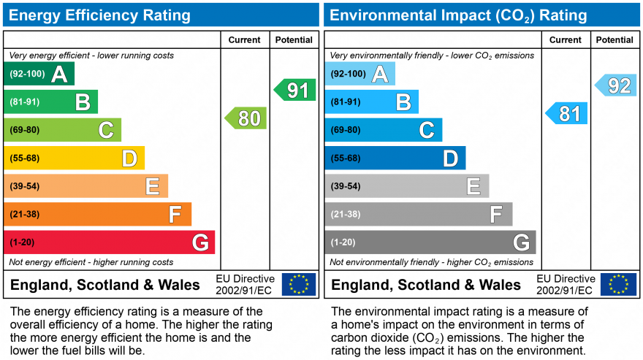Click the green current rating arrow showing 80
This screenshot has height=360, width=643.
tap(246, 118)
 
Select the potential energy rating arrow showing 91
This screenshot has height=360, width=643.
tap(295, 90)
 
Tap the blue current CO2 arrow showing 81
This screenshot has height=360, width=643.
tap(567, 113)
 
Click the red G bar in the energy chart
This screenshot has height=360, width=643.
tap(110, 242)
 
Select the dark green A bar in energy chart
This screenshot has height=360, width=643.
tap(39, 74)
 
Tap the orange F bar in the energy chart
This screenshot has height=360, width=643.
tap(98, 214)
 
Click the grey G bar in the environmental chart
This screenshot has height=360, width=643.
tap(430, 242)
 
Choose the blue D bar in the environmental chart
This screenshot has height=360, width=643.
tap(395, 158)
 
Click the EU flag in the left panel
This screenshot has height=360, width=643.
tap(299, 284)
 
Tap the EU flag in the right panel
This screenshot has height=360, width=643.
tap(618, 284)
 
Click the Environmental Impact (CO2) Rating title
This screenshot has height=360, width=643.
tap(459, 15)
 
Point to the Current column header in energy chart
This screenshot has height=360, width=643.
tap(246, 40)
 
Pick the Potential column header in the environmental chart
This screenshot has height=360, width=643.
tap(615, 40)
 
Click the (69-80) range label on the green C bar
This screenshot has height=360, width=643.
tap(24, 130)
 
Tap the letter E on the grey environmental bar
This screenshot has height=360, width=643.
tap(473, 186)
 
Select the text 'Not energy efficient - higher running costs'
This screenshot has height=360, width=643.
tap(91, 262)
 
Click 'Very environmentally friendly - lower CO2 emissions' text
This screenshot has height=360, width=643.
tap(432, 55)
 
